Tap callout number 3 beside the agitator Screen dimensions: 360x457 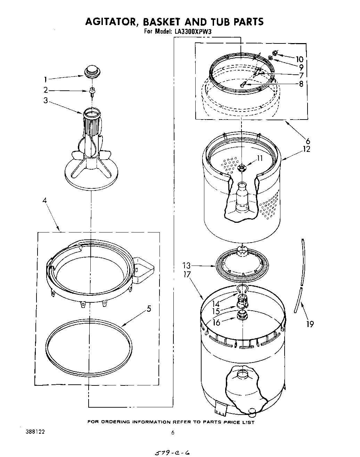pyautogui.click(x=46, y=100)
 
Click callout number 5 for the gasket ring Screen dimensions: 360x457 pyautogui.click(x=149, y=308)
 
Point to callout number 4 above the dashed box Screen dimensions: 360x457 pyautogui.click(x=44, y=201)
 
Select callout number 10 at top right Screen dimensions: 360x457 pyautogui.click(x=299, y=59)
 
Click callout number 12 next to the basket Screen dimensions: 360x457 pyautogui.click(x=306, y=149)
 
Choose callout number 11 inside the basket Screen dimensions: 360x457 pyautogui.click(x=260, y=158)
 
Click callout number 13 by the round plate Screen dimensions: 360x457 pyautogui.click(x=187, y=266)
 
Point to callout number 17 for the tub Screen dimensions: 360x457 pyautogui.click(x=187, y=274)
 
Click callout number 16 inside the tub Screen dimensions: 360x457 pyautogui.click(x=216, y=323)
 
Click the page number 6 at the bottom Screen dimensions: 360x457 pyautogui.click(x=172, y=433)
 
